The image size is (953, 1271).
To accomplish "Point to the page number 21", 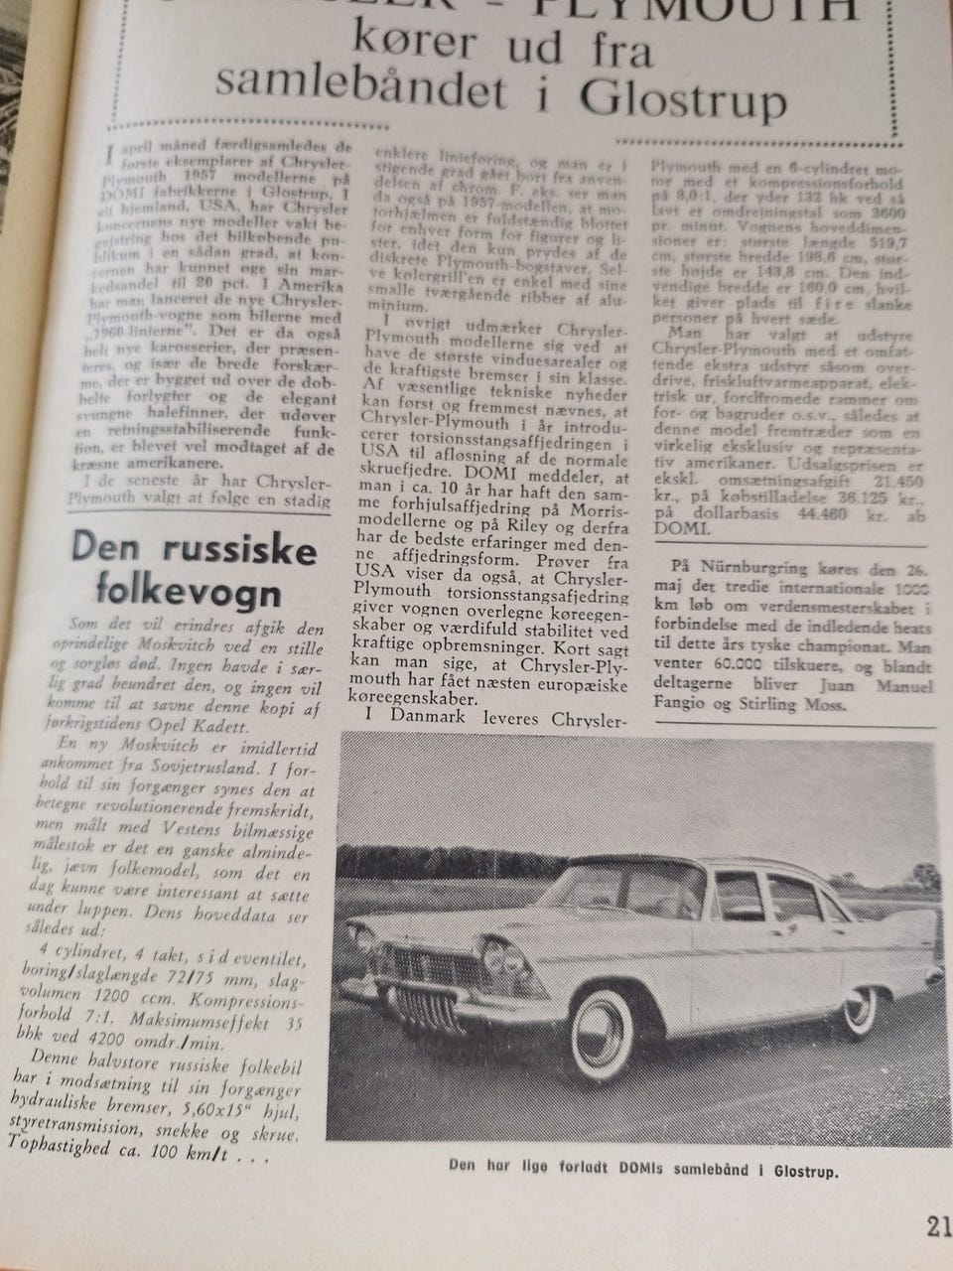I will point(937,1227).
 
